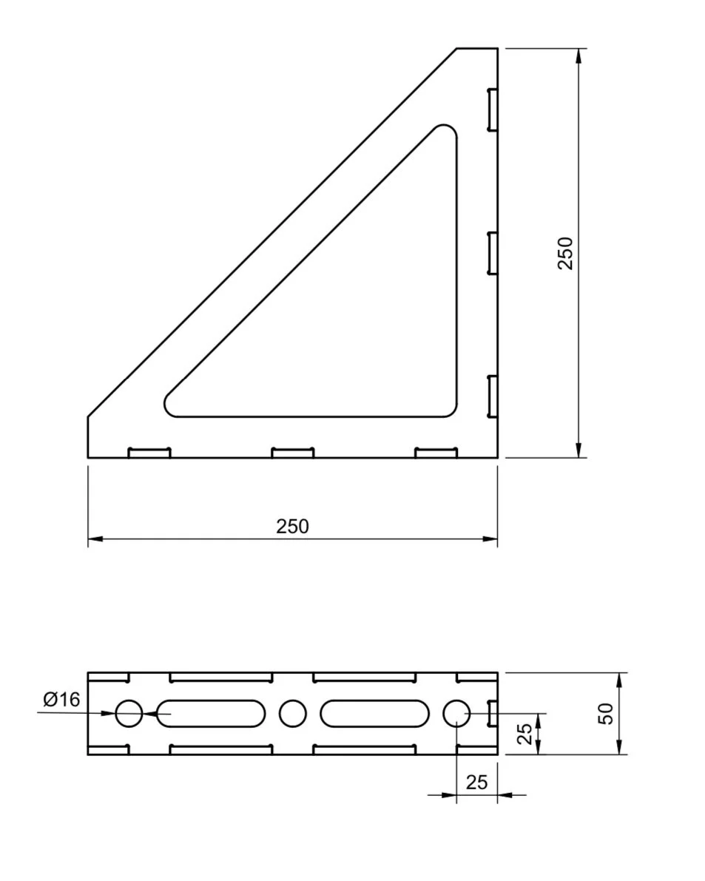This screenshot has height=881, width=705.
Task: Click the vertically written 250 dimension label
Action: coord(565,253)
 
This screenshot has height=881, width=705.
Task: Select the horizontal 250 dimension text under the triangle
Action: coord(292,527)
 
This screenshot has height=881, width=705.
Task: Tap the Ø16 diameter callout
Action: coord(61,699)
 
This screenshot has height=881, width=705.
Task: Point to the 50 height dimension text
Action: coord(606,714)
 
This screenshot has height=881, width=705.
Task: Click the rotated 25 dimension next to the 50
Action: coord(524,733)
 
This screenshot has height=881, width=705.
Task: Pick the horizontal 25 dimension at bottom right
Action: coord(477,783)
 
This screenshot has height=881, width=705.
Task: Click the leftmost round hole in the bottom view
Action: coord(129,714)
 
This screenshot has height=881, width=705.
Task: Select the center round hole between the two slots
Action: coord(292,714)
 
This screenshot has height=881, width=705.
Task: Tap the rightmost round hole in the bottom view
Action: coord(456,714)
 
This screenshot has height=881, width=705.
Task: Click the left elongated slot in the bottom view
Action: coord(211,714)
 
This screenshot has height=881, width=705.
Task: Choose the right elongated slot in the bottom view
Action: coord(374,714)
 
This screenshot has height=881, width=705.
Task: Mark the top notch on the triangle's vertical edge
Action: coord(492,110)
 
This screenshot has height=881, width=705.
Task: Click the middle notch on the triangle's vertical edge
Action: coord(492,254)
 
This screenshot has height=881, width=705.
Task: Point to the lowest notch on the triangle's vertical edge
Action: coord(492,396)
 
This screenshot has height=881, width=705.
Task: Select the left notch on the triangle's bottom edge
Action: coord(149,453)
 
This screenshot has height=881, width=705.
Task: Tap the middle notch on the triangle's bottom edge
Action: coord(292,453)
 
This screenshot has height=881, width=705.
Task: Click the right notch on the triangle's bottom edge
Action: coord(436,453)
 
